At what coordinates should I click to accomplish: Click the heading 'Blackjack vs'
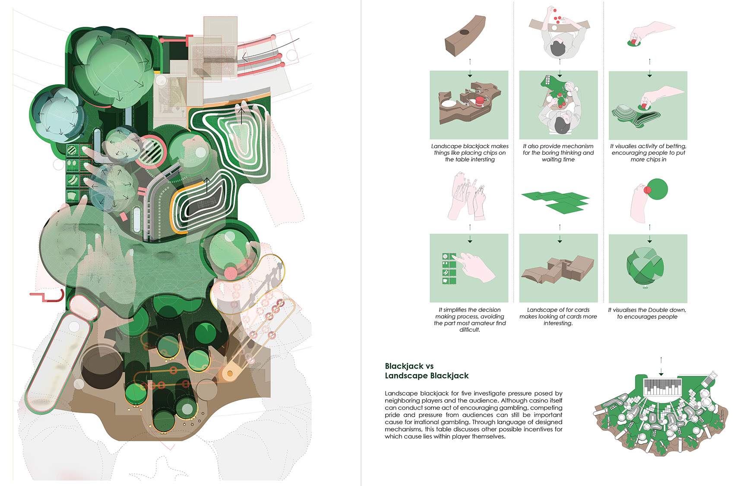pos(409,366)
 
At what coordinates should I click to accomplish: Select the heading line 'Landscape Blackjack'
pos(427,375)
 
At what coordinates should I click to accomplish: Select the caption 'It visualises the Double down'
pos(647,310)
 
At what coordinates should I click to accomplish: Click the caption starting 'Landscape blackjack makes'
pos(470,146)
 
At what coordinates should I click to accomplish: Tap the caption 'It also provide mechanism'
pos(558,146)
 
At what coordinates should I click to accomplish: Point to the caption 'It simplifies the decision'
pos(470,310)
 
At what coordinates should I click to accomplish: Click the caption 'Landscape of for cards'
pos(558,310)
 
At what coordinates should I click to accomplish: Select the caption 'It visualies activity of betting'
pos(648,146)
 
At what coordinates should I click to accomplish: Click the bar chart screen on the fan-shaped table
pos(662,387)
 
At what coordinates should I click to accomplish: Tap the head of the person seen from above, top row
pos(557,48)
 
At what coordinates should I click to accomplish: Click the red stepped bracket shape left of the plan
pos(47,297)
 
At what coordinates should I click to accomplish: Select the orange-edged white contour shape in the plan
pos(203,201)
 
